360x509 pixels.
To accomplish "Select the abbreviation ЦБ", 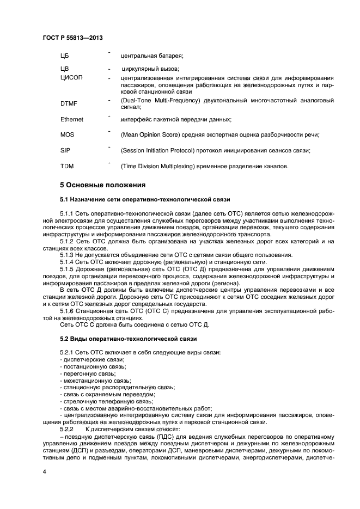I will (65, 56).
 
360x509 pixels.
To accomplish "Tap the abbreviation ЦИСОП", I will (71, 78).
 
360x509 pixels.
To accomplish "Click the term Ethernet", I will (72, 119).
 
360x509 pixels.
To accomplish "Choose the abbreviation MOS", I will (66, 134).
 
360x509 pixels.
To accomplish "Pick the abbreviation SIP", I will (65, 150).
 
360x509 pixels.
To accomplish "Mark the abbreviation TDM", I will (66, 166).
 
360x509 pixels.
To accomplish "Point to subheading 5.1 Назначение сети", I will (145, 200).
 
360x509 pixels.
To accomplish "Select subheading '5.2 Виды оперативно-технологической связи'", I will (128, 339).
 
